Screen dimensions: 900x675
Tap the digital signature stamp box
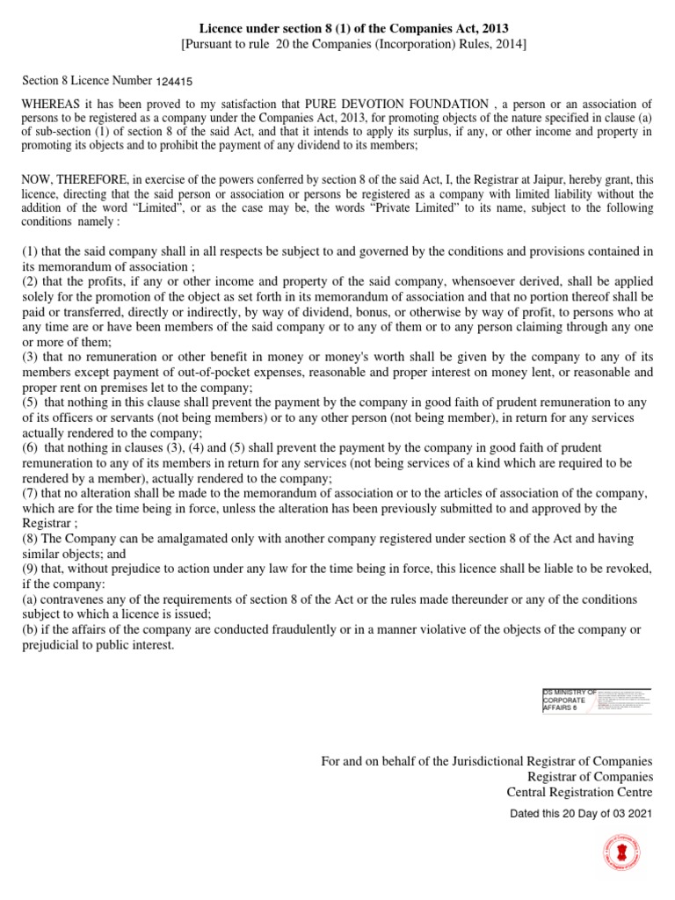(x=597, y=700)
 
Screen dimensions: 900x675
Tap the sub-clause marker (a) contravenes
(x=30, y=599)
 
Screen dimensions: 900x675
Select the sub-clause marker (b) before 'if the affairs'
(x=30, y=630)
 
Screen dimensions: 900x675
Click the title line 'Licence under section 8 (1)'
(x=337, y=30)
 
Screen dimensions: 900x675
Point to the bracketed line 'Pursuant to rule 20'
(x=337, y=45)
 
